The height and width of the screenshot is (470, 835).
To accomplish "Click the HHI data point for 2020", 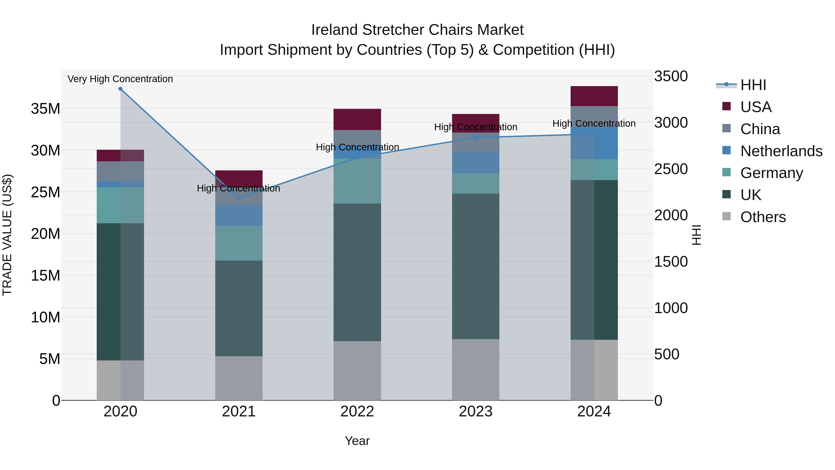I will (120, 89).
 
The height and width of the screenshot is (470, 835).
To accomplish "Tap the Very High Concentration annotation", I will (120, 79).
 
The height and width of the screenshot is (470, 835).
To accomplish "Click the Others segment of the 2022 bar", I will (357, 370).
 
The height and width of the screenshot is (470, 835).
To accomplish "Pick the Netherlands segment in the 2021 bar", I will (239, 215).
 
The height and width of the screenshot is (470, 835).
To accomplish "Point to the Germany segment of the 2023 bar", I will (475, 184).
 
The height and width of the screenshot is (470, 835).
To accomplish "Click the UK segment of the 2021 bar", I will (239, 308).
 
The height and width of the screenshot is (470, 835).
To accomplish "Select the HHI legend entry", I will (753, 85).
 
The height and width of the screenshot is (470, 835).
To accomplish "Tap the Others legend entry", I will (763, 217).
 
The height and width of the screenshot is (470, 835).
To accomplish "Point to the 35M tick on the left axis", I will (45, 109).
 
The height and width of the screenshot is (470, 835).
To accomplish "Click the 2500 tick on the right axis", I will (671, 169).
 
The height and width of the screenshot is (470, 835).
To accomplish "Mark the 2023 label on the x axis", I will (475, 412).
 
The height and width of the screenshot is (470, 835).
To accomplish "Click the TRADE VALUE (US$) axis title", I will (7, 235).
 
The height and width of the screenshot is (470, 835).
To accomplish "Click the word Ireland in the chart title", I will (334, 30).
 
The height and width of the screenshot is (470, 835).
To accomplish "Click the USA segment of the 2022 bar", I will (357, 119).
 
